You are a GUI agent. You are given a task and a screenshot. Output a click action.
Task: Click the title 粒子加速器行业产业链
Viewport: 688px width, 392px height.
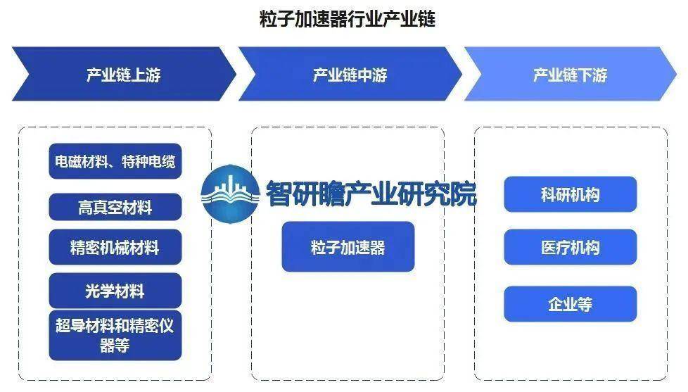348,19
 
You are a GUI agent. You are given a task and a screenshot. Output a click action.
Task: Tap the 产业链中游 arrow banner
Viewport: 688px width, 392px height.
350,74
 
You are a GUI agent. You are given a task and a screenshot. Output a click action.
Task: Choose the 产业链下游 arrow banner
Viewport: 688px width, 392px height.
570,74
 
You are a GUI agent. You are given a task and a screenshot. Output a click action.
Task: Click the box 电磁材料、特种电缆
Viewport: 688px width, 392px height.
115,161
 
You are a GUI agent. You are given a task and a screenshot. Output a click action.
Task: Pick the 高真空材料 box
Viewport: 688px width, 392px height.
115,207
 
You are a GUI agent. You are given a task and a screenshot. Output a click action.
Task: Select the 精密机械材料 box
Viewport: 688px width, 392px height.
115,247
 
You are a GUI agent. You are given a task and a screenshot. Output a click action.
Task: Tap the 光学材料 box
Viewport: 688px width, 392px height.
115,290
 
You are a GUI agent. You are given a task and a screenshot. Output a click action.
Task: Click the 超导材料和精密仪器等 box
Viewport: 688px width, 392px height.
115,336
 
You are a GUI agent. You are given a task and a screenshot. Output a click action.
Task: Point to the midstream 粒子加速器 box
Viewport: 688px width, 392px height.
348,247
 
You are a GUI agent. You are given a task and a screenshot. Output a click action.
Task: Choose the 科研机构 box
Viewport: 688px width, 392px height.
570,194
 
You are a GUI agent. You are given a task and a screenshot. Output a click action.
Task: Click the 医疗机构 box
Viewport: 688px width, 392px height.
570,247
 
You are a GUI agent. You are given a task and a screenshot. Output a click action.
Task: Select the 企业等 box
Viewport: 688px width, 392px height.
570,304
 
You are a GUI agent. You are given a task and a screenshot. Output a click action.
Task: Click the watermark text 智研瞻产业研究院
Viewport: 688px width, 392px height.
371,194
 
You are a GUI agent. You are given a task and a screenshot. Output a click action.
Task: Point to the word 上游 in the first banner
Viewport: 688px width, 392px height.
146,75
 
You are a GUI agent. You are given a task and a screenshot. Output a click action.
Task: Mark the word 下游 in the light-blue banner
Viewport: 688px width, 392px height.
592,75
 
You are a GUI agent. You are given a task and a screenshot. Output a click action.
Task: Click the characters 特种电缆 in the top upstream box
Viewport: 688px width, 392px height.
148,162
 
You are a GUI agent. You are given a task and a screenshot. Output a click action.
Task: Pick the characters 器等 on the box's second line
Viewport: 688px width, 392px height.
115,346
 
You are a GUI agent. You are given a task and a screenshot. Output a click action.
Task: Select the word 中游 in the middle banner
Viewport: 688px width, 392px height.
372,75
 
